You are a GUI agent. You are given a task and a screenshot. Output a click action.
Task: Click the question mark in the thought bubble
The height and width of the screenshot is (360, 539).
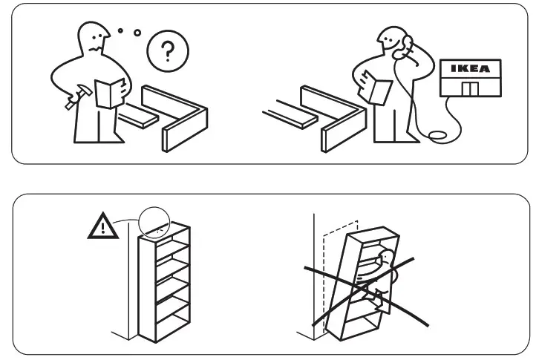168,52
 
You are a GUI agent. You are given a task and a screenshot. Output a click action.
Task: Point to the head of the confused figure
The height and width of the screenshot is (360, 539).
95,37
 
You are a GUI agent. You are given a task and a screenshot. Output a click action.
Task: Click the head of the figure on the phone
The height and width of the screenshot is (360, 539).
392,42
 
